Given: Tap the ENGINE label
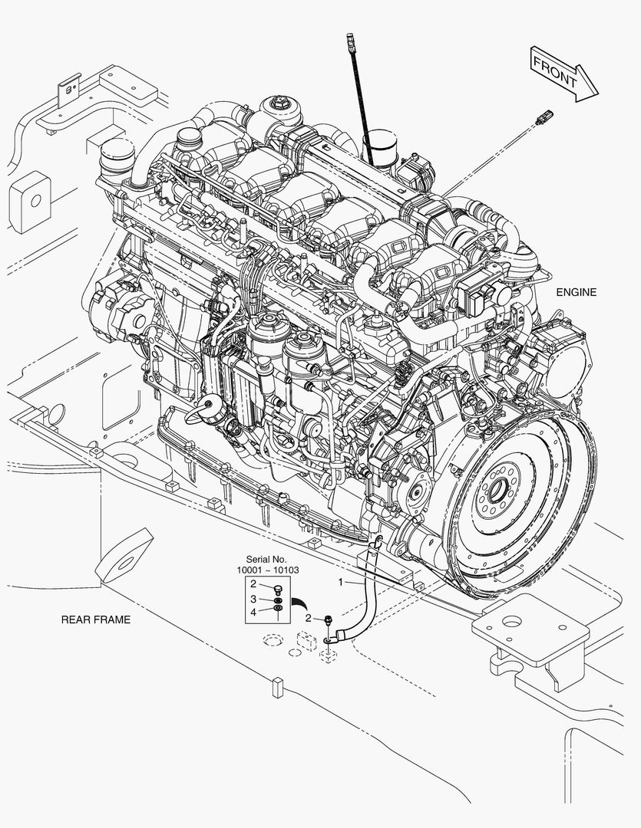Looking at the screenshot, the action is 576,292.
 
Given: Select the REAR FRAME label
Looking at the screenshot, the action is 96,619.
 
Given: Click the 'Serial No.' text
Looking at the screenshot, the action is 266,559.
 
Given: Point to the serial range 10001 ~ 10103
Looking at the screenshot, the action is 268,570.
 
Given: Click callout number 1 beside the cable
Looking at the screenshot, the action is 341,583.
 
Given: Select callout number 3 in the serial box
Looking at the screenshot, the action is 253,600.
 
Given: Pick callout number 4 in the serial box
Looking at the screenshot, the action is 253,612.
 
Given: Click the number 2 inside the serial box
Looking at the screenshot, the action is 253,584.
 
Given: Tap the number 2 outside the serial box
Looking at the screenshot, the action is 309,618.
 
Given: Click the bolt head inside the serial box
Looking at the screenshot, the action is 279,589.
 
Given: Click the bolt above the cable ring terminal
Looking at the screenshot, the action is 329,621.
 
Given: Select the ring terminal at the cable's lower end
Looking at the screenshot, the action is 329,640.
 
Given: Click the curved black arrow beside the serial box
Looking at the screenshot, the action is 302,603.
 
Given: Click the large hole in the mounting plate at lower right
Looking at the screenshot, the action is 510,622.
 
